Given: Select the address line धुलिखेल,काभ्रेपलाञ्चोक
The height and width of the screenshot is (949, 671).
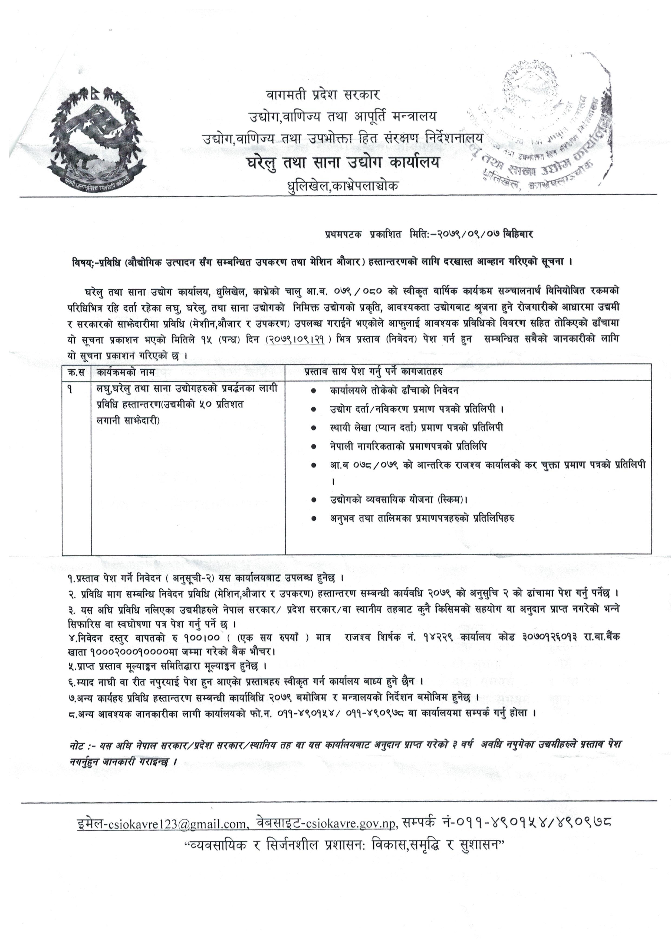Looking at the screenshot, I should tap(343, 186).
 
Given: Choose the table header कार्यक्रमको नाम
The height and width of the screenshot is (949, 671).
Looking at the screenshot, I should tap(126, 372).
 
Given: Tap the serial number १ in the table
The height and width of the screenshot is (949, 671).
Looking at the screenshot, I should tap(70, 389).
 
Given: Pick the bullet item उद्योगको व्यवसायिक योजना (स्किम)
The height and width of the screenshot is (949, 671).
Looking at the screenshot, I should tap(399, 499).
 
